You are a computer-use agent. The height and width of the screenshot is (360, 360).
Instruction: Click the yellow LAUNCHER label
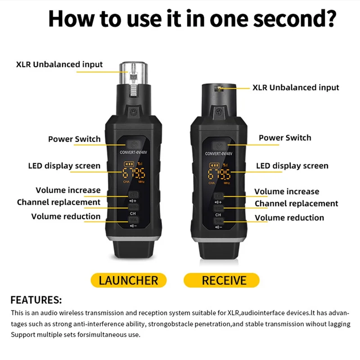(128, 280)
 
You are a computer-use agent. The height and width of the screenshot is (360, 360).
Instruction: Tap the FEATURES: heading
(36, 300)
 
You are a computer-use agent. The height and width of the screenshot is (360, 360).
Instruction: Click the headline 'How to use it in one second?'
(192, 19)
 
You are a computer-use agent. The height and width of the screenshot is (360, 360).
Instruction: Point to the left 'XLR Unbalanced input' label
(59, 64)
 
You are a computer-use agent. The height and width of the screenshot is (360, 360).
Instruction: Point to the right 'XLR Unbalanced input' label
(296, 87)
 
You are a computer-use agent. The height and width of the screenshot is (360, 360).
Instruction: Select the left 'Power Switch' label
(74, 139)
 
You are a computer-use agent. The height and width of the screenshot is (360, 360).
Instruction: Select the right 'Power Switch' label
(285, 138)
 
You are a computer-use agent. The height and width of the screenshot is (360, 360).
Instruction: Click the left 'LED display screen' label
(64, 166)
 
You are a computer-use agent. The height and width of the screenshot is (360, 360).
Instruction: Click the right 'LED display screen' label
(292, 166)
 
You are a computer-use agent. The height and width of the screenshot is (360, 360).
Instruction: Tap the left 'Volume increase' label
(68, 190)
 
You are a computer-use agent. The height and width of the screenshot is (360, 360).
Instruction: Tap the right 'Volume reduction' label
(289, 218)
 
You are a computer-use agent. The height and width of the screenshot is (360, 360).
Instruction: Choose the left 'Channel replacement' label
(58, 202)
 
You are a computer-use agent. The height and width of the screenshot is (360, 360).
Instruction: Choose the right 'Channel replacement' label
(296, 204)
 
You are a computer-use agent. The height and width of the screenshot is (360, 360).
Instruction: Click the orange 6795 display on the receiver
(219, 174)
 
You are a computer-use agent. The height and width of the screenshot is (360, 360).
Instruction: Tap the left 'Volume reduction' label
(66, 216)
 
